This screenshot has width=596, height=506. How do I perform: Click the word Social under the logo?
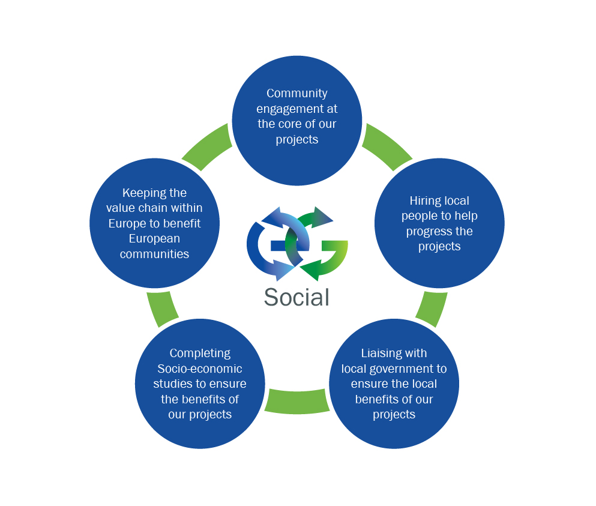click(x=296, y=297)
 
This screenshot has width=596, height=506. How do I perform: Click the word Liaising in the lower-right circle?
click(x=381, y=353)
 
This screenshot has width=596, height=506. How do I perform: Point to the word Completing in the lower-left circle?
click(x=200, y=353)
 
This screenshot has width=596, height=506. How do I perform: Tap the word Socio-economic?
click(x=200, y=369)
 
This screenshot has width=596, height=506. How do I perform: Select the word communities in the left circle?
click(x=154, y=254)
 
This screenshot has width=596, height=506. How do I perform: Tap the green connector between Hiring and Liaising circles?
click(x=431, y=309)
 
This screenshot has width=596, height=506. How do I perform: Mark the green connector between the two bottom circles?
click(x=297, y=401)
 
